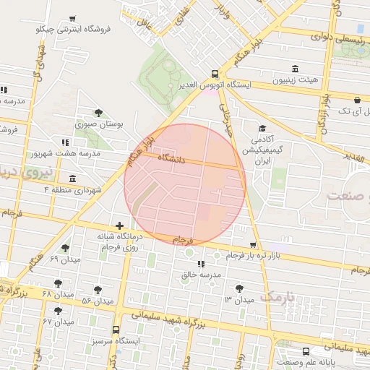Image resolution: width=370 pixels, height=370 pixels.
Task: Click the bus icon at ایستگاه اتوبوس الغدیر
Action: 215,74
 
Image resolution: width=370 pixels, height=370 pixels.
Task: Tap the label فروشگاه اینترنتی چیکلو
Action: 72,30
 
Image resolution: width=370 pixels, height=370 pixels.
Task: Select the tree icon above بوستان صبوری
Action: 98,112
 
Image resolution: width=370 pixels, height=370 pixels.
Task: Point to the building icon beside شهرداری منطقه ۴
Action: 72,178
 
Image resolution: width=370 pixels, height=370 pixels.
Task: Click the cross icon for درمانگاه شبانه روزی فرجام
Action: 119,226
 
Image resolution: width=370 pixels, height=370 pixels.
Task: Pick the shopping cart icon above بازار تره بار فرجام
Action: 252,246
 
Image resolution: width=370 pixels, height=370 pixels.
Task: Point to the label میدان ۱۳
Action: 240,299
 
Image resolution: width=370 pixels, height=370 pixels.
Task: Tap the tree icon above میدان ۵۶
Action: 98,290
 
